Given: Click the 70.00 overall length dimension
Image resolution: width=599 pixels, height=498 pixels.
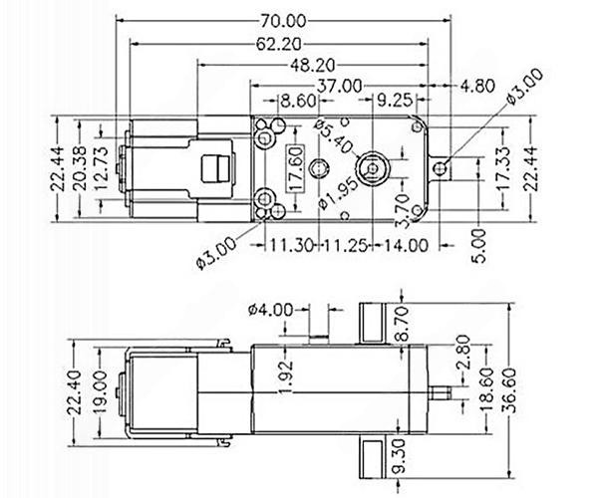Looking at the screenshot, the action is (x=283, y=21).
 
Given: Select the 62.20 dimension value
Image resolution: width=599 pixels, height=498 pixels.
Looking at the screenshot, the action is (x=278, y=44).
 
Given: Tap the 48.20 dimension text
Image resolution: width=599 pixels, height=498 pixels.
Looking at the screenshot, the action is (x=312, y=66).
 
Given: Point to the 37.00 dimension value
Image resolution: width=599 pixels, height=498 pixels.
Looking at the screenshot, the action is (x=339, y=86).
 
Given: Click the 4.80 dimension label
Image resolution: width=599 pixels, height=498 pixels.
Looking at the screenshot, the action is (x=477, y=86).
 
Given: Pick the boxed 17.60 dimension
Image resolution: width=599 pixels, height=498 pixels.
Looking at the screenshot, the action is (x=296, y=168).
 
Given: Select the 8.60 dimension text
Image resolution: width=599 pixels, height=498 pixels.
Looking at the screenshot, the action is (x=298, y=101).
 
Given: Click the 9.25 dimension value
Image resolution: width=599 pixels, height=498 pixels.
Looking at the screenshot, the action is (x=395, y=101).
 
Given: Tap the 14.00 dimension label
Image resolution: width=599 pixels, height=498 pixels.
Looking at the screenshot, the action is (x=406, y=245).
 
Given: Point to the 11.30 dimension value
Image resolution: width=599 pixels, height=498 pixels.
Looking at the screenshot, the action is (x=292, y=245).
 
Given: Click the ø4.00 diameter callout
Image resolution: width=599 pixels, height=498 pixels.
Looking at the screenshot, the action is (x=270, y=310).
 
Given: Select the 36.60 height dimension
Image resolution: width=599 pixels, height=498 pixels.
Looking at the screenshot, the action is (x=509, y=390).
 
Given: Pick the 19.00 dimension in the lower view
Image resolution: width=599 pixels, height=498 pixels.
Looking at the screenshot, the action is (x=100, y=392).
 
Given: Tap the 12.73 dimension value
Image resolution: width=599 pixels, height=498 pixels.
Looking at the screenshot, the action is (x=100, y=168).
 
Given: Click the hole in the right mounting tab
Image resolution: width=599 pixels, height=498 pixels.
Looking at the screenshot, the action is (x=441, y=168).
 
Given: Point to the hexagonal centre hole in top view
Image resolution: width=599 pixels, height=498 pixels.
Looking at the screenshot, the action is (x=318, y=168).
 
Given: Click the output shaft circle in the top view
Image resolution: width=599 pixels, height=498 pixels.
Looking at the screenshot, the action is (x=372, y=168).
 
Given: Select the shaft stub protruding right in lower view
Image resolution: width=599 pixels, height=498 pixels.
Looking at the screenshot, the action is (x=440, y=393).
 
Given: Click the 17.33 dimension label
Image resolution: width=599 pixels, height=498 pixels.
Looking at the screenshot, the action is (x=504, y=168).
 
